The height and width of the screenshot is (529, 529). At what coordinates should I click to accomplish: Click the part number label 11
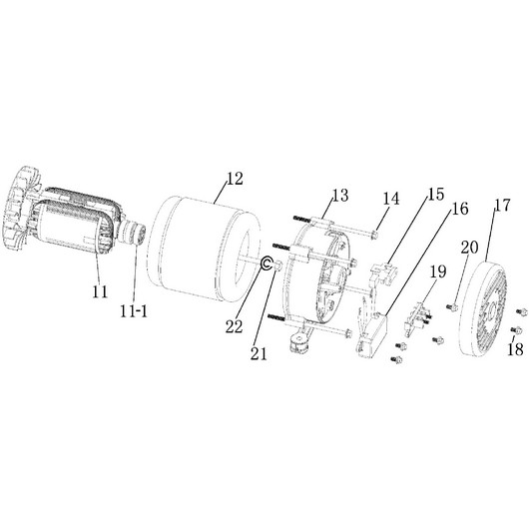tap(100, 292)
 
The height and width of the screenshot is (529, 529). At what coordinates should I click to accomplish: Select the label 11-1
tap(134, 311)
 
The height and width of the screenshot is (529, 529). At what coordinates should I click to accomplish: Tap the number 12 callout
tap(235, 179)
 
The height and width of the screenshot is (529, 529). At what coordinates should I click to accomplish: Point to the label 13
tap(340, 196)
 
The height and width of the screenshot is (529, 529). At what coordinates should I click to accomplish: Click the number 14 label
tap(391, 199)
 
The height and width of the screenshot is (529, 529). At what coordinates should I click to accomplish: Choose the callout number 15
tap(436, 194)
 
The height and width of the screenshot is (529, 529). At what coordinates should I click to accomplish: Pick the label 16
tap(460, 209)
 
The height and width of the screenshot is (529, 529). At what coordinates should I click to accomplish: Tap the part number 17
tap(503, 206)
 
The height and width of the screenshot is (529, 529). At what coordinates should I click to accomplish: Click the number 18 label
tap(515, 349)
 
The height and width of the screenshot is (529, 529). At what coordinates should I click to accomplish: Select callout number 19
tap(438, 271)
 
